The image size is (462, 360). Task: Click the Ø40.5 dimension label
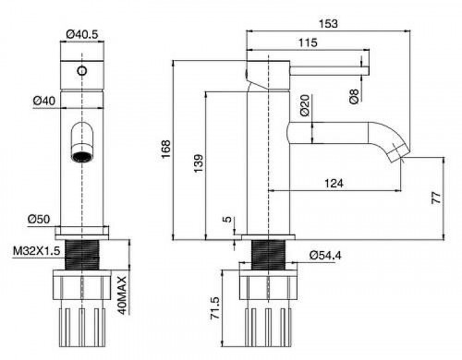click(x=82, y=34)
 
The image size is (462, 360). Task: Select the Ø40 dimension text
click(x=44, y=101)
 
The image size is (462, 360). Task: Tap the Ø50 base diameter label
click(x=39, y=219)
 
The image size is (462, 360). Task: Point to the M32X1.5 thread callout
click(x=36, y=251)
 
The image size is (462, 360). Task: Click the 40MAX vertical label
click(x=122, y=295)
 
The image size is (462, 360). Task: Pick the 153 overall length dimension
click(x=328, y=24)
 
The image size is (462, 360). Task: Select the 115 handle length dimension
click(x=308, y=42)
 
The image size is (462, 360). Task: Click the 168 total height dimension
click(x=165, y=150)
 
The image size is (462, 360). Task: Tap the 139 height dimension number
click(x=199, y=163)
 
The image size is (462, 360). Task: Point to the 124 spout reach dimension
click(x=334, y=184)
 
